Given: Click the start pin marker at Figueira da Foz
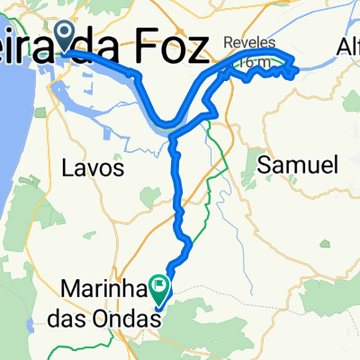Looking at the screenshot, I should tap(65, 36).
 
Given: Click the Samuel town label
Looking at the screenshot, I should tap(297, 165).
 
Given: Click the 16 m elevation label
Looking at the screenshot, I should tap(256, 63).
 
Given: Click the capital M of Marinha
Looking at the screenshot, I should tap(71, 289).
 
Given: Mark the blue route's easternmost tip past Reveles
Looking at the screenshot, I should tap(297, 65).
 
